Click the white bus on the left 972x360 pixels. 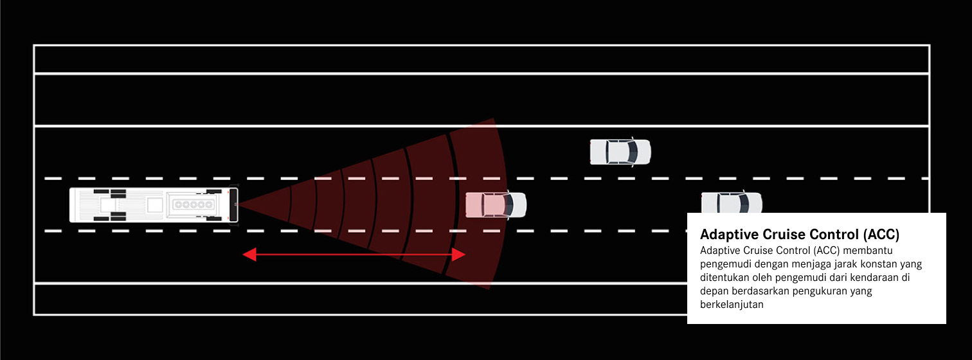[154, 204]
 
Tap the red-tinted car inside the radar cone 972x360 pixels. [496, 204]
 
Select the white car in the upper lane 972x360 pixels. [620, 152]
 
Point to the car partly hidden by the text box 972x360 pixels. [732, 202]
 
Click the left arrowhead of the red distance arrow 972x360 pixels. [249, 255]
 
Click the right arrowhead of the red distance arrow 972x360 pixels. [458, 255]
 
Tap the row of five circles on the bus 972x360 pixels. [194, 204]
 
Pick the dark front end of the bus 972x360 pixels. [233, 204]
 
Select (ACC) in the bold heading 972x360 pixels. [881, 234]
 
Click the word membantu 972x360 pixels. [868, 250]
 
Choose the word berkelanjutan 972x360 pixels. [732, 305]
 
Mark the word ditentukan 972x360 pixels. [724, 277]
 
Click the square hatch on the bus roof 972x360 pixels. [154, 204]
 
